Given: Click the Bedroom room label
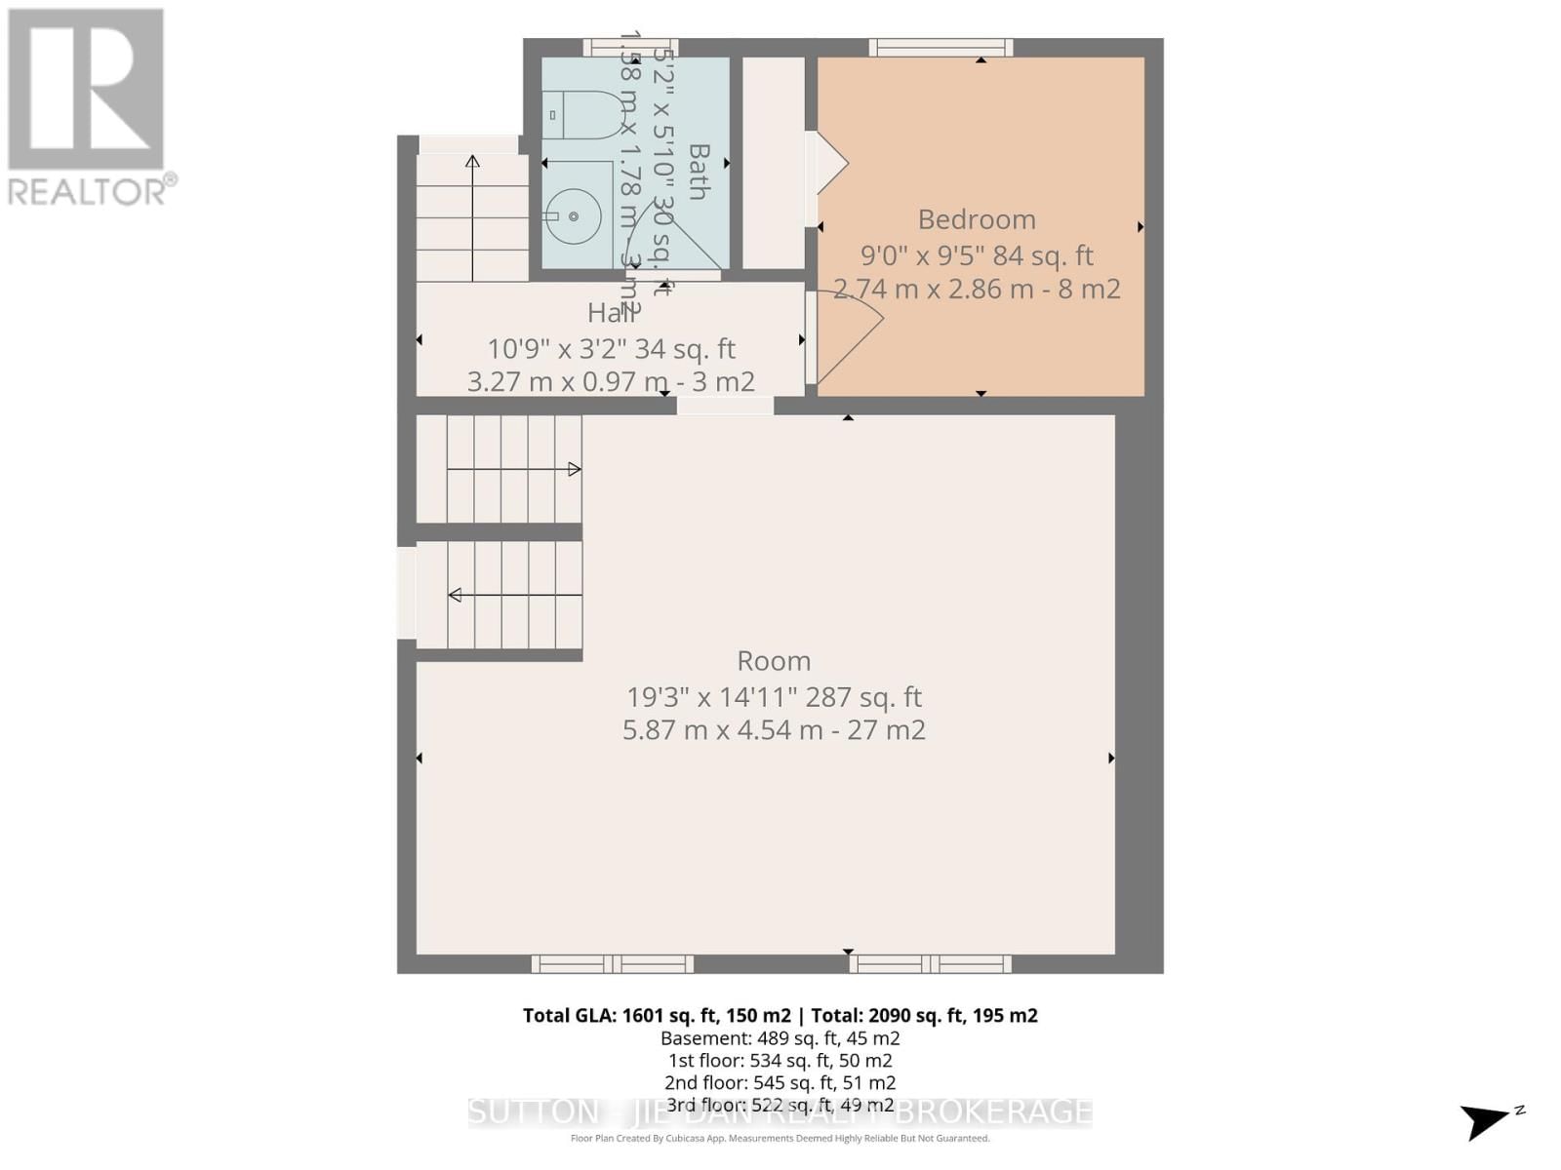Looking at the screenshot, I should tap(976, 219).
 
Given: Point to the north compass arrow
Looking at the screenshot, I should tap(1488, 1119).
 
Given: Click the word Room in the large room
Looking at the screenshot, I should tap(774, 661).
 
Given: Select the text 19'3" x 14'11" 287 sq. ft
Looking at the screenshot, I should tap(774, 697).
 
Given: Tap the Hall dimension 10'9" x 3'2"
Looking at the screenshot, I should tap(611, 349).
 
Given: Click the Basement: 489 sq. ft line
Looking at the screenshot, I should tap(780, 1038).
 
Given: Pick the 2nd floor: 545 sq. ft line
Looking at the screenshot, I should tap(780, 1082).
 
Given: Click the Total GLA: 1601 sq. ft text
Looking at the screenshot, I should tap(657, 1015).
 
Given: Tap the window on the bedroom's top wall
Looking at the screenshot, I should tap(941, 47).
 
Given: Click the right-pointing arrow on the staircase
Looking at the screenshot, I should tap(574, 470).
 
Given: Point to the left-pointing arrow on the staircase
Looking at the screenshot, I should tap(456, 595).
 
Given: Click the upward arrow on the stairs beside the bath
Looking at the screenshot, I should tap(472, 162).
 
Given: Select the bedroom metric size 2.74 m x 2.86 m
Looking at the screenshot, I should tap(976, 289).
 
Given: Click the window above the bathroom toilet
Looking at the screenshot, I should tap(630, 47).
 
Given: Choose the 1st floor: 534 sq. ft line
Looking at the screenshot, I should tap(780, 1061).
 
